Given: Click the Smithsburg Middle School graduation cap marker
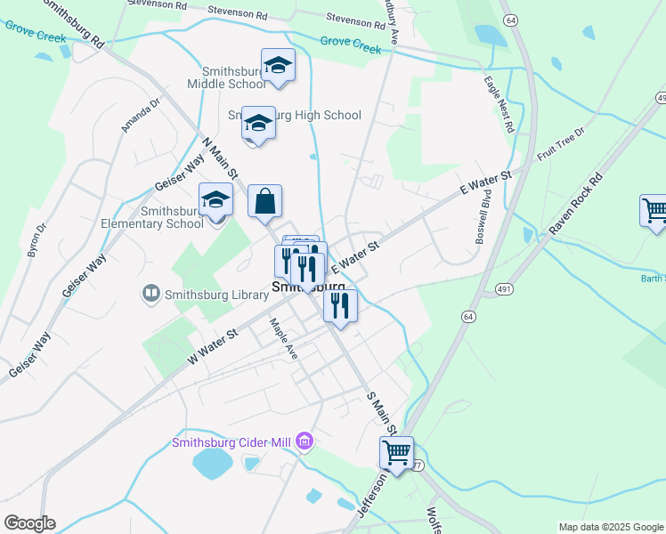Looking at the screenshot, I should [278, 66].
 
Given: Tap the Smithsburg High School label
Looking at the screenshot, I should [295, 115].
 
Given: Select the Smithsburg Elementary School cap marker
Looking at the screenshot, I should [215, 202].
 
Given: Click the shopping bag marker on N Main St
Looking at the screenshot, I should [265, 202].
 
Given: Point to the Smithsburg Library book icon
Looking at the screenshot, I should [151, 292].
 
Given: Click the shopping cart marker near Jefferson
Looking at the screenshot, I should [396, 453].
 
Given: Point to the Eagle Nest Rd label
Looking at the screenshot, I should [499, 104].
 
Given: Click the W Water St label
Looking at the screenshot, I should [214, 346].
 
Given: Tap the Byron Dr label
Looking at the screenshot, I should [37, 240].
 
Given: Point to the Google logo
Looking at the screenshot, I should [29, 522].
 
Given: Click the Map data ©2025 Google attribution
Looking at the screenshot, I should [611, 527].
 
